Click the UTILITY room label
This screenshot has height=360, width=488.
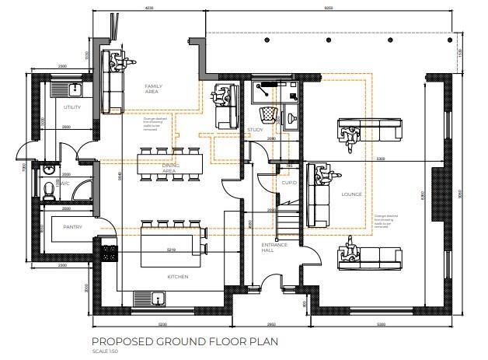[72, 107]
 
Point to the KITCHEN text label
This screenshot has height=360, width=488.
[178, 277]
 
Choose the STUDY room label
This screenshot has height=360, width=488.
[255, 130]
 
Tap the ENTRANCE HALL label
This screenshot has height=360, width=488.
[274, 248]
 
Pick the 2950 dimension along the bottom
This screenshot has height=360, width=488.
[270, 323]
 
